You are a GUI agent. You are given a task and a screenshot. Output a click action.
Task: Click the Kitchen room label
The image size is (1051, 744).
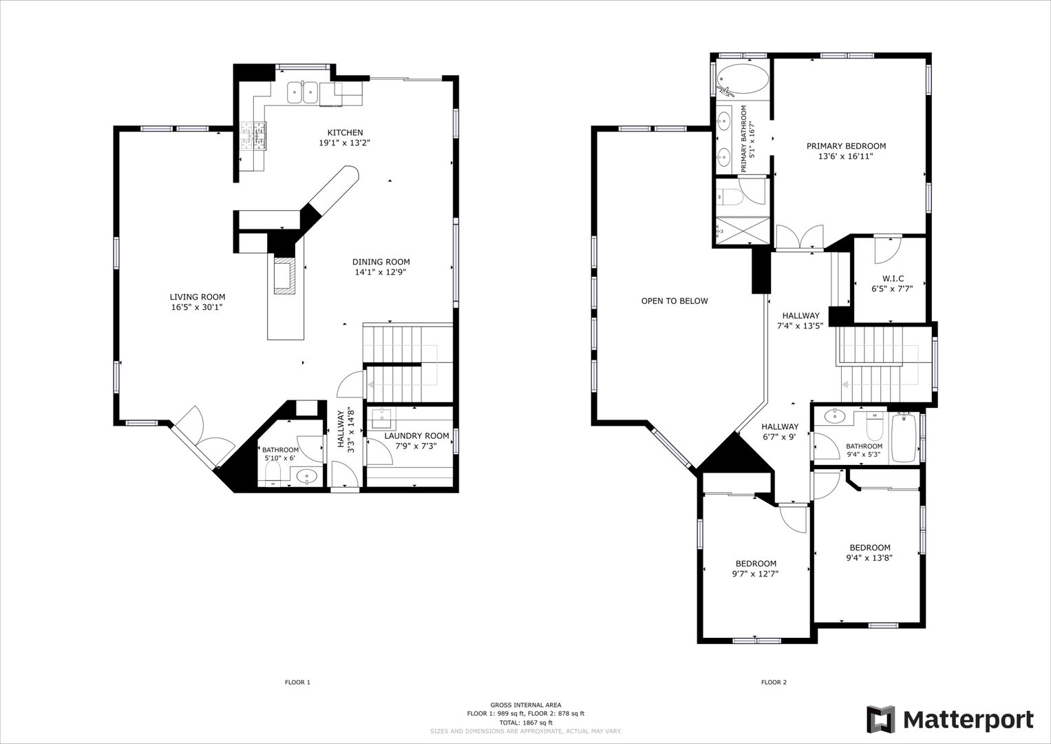[345, 132]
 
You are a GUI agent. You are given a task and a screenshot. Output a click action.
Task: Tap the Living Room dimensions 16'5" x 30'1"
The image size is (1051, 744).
[197, 307]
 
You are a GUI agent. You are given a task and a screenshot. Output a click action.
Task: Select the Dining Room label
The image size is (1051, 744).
[381, 262]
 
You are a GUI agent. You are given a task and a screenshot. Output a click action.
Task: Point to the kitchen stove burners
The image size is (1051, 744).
[253, 136]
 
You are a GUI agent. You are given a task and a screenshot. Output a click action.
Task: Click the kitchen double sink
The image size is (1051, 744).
[303, 92]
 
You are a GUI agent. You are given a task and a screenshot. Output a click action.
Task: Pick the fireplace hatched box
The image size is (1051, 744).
[285, 276]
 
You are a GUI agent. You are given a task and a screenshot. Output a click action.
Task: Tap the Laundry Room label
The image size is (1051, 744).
[416, 435]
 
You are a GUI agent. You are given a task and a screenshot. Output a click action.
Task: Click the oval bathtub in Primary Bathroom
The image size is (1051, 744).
[743, 79]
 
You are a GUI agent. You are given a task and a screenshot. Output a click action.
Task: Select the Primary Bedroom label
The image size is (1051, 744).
[846, 146]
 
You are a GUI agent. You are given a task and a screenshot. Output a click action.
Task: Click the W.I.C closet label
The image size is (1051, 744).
[893, 278]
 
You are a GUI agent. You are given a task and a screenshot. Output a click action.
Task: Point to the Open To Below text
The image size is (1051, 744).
[675, 301]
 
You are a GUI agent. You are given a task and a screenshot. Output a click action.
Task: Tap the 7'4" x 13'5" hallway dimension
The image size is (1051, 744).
[800, 326]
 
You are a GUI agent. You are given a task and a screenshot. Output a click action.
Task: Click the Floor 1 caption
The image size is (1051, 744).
[297, 682]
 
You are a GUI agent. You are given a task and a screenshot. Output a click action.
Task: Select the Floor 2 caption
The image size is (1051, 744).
[774, 682]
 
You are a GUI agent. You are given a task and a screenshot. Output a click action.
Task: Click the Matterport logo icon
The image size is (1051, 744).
[881, 719]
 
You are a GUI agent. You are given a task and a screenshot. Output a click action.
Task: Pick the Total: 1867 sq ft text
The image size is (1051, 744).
[526, 723]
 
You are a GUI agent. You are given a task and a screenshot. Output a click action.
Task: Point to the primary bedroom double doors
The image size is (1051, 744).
[800, 237]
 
